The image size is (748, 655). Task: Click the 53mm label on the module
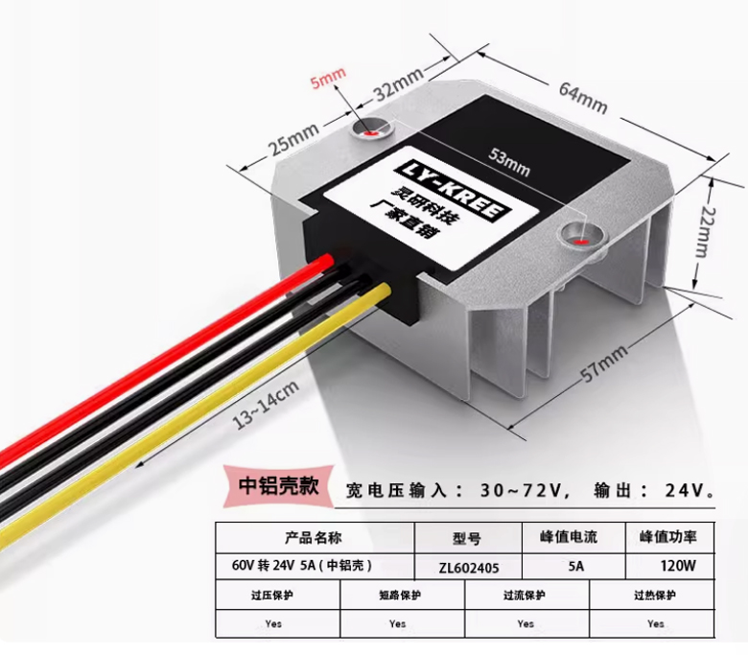[x=509, y=165]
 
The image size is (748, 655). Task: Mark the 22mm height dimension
[x=702, y=234]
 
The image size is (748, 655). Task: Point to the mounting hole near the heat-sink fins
[x=580, y=235]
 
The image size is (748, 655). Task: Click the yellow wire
[x=192, y=412]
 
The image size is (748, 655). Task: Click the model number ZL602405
[x=469, y=566]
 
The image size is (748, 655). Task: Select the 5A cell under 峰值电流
[x=575, y=566]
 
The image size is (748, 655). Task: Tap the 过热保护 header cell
[x=655, y=595]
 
